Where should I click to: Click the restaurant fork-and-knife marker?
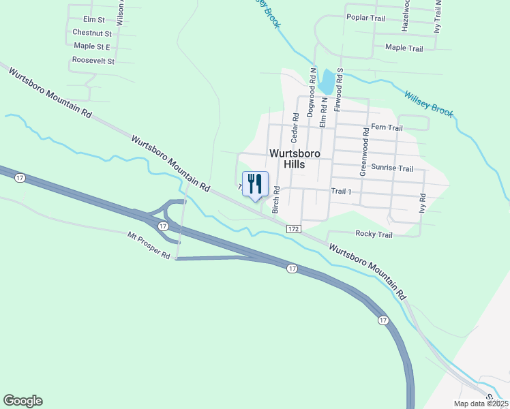[255, 183]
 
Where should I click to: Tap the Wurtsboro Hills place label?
[295, 159]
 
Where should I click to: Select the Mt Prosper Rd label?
[149, 245]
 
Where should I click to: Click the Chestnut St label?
[91, 33]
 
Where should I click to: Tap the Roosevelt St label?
[93, 61]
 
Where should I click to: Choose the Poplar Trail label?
[370, 17]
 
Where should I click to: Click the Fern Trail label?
[387, 127]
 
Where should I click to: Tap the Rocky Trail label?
[374, 234]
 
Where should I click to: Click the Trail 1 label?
[341, 192]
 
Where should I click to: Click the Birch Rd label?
[276, 200]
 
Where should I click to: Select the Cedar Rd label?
[295, 126]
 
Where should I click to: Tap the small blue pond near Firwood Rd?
[328, 83]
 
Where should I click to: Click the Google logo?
[22, 401]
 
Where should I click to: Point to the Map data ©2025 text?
[481, 404]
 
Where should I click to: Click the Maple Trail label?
[404, 48]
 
